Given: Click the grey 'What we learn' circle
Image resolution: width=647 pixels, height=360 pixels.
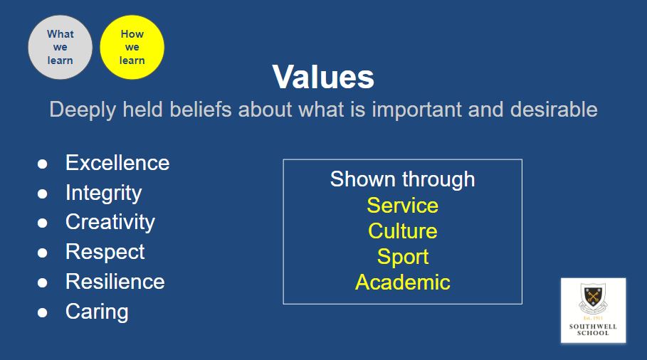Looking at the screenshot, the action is [x=61, y=47].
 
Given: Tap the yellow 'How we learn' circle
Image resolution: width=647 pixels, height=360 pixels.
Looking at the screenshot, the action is [x=132, y=47].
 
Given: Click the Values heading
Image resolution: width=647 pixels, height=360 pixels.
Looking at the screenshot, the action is [x=323, y=77].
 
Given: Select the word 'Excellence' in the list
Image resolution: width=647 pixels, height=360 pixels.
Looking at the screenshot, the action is [x=117, y=163].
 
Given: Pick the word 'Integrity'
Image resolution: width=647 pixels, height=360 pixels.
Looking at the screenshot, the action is [x=104, y=194].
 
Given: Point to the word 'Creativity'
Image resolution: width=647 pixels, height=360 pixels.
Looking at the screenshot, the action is [x=110, y=223].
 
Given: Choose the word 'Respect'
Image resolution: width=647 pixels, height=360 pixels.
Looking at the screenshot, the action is [x=105, y=253].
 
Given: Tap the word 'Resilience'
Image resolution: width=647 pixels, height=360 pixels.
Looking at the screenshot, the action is [x=115, y=282].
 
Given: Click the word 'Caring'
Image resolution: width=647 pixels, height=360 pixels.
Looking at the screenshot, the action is [x=97, y=312].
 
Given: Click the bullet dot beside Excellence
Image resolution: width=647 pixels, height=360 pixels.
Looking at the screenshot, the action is [x=43, y=164].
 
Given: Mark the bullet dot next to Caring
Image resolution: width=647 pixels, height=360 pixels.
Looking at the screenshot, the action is [x=43, y=312].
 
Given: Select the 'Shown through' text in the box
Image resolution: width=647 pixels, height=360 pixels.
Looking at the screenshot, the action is [x=402, y=180].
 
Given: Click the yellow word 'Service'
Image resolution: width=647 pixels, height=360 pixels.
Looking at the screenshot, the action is [x=402, y=206].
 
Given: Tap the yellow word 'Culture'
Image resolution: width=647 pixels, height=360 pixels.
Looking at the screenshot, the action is [x=402, y=231].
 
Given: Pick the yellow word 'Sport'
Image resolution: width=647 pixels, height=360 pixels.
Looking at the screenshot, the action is [x=403, y=258].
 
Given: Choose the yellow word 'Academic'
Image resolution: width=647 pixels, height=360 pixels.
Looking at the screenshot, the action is [x=402, y=282].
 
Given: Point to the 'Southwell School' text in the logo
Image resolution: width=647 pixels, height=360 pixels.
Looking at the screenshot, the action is [x=593, y=330].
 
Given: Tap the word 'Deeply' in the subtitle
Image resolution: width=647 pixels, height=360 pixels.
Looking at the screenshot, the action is [x=83, y=110].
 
